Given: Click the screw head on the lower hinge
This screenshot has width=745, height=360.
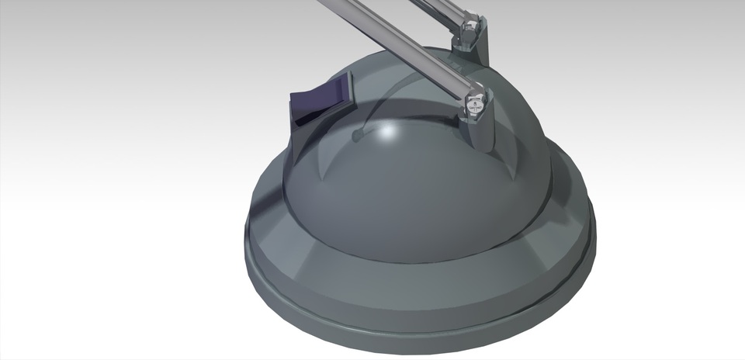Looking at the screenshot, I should point(475,100).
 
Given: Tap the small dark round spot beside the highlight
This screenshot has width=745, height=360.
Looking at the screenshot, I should point(357,136).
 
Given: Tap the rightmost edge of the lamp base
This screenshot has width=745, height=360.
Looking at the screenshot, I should point(595,233).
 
